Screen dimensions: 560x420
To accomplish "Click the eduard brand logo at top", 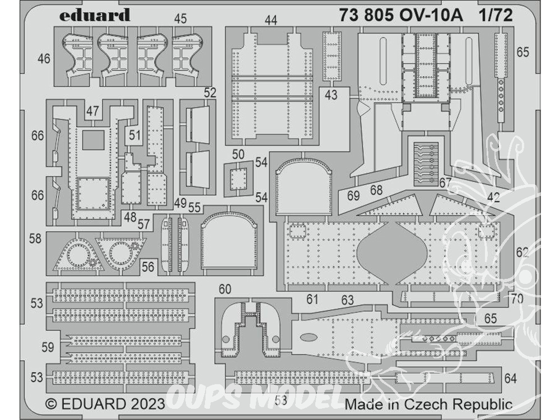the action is point(94,15).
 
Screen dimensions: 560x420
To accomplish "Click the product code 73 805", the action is point(366,15).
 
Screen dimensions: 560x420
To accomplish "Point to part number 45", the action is point(181,18).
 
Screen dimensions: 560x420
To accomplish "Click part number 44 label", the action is point(271,20).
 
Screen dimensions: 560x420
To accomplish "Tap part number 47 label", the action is point(92,111).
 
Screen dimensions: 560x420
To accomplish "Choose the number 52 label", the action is point(210,93).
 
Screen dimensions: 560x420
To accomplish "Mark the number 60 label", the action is point(225,289).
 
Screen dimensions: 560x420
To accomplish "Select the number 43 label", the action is point(331,95).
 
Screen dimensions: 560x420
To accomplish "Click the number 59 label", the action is point(48,347).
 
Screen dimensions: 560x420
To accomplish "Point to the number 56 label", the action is point(148,267).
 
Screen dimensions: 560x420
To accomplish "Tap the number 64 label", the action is point(510,378).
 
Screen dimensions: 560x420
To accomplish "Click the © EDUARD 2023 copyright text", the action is point(105,404).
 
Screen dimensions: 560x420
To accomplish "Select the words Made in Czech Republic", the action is point(428,404).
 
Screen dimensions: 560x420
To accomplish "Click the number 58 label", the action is point(35,239).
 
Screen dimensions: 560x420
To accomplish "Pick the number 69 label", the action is point(353,195).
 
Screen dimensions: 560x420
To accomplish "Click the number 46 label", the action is point(44,58).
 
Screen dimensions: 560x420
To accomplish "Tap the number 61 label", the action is point(312,299).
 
